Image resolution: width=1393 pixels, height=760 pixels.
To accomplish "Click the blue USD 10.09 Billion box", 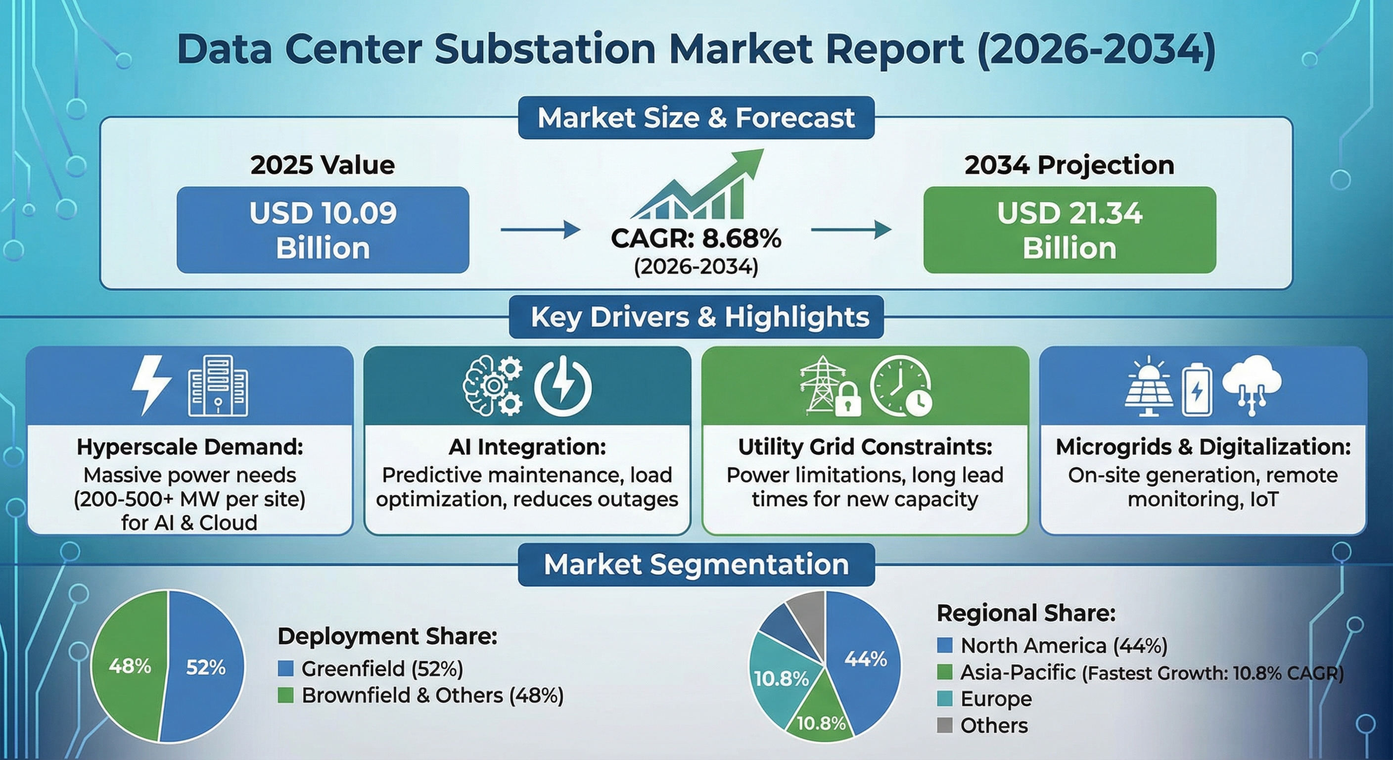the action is (323, 230).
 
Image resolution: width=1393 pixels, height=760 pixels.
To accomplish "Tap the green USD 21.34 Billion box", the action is (1069, 230).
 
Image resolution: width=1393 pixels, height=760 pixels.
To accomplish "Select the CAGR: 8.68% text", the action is (696, 238).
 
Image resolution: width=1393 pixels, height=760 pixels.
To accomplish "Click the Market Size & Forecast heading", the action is (696, 118).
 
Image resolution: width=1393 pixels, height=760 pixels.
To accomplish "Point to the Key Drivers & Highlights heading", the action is (696, 317).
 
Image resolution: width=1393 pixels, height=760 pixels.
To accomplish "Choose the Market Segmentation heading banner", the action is (696, 565).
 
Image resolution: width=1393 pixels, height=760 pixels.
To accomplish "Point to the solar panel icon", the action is (1149, 387).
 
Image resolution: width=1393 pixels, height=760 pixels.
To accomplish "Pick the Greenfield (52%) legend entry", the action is (371, 669).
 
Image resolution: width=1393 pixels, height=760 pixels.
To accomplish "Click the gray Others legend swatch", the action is (944, 725).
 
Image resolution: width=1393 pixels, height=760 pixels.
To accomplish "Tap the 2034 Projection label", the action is (1069, 165).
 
